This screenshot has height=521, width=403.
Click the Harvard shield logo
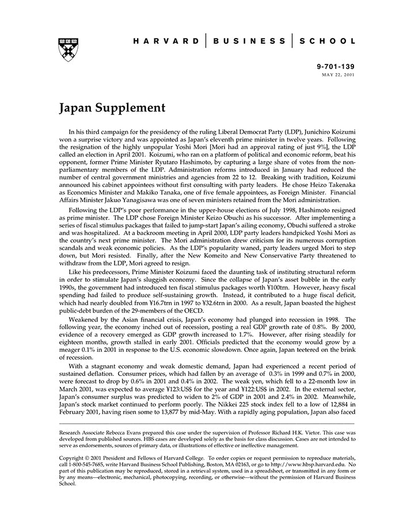(69, 50)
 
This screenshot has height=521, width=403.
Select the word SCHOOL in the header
(328, 41)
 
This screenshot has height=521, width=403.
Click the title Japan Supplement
(112, 108)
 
